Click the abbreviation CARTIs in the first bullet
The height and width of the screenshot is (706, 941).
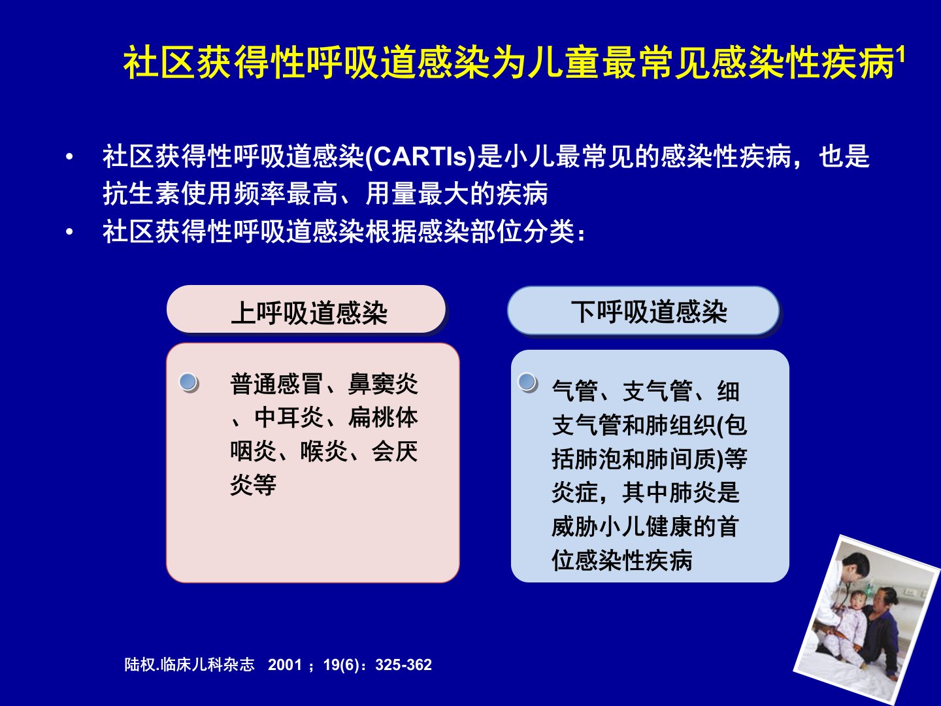[421, 156]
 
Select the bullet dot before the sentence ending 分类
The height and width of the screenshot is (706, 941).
[69, 232]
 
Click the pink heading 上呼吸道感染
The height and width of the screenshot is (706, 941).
[309, 313]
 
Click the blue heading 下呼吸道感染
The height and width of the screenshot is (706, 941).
[649, 312]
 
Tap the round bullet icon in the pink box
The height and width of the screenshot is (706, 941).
[189, 382]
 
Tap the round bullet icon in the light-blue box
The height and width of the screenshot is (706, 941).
[528, 382]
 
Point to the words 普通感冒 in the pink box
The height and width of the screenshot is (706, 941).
[276, 384]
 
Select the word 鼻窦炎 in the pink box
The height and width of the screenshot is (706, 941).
[383, 384]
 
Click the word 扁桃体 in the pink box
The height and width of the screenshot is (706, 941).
[383, 418]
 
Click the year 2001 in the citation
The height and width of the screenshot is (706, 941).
[285, 665]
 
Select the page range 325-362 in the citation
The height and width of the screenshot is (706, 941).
[403, 665]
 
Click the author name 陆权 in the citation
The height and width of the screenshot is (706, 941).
[140, 665]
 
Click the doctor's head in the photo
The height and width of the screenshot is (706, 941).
[855, 567]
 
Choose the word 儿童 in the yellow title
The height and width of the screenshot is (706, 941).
[563, 63]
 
